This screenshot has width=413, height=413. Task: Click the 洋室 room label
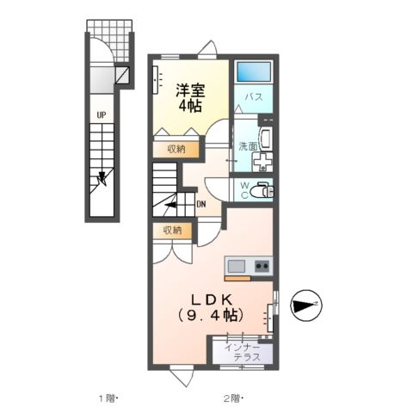pyautogui.click(x=190, y=89)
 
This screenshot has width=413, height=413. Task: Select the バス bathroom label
pyautogui.click(x=254, y=98)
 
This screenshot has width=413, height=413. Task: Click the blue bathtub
pyautogui.click(x=253, y=72)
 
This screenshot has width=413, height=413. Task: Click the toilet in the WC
pyautogui.click(x=262, y=191)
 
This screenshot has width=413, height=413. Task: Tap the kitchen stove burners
pyautogui.click(x=261, y=267)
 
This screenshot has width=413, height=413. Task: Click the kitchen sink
pyautogui.click(x=237, y=267)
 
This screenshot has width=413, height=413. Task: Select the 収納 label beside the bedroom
pyautogui.click(x=176, y=149)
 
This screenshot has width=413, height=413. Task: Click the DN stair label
pyautogui.click(x=200, y=204)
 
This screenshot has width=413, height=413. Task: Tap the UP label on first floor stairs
pyautogui.click(x=101, y=114)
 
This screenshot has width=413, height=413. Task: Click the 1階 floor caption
pyautogui.click(x=108, y=398)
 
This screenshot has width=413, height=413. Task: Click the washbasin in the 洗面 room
pyautogui.click(x=263, y=140)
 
